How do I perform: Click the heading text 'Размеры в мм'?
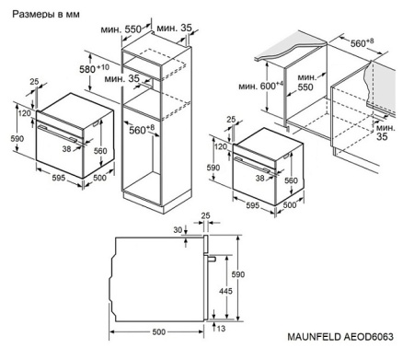tap(43, 15)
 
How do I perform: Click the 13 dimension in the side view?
tap(221, 328)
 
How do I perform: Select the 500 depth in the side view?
tap(158, 331)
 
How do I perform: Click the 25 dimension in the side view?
tap(207, 216)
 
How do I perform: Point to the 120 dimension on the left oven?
tap(21, 116)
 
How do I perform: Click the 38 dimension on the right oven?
tap(260, 177)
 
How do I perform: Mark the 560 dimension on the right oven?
tap(293, 181)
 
